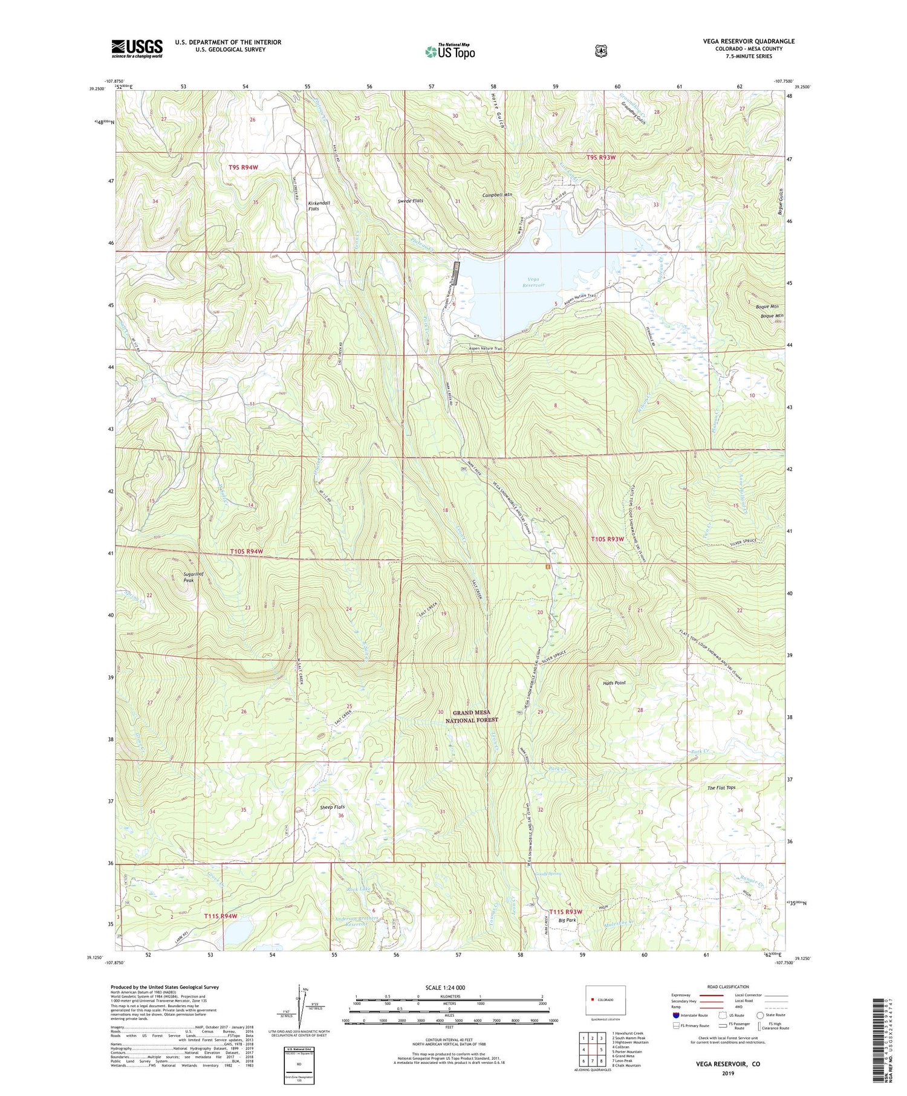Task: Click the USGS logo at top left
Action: point(137,48)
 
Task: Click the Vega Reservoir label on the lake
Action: point(532,282)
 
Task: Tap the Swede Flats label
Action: point(410,201)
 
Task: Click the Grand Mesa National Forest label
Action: point(472,716)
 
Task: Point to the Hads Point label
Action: point(614,683)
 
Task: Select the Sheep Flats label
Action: point(332,808)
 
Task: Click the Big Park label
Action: point(567,920)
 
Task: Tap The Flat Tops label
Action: point(721,788)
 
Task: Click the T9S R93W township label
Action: point(600,157)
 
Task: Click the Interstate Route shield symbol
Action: point(675,1015)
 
